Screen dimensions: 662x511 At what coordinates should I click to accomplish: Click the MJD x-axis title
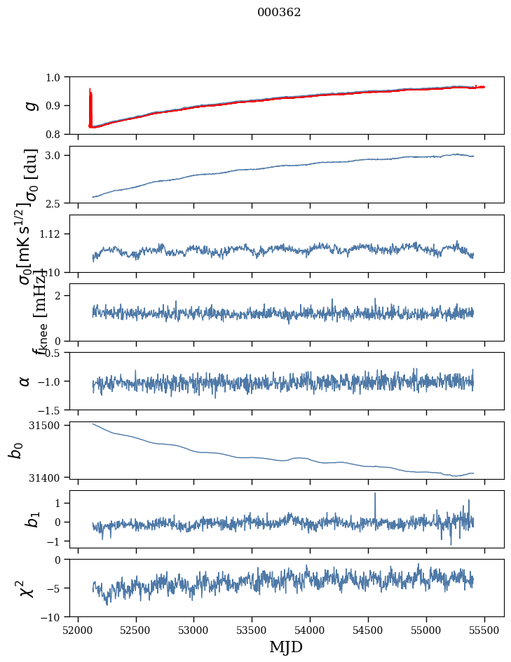286,647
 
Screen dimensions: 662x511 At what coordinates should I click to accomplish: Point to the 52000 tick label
78,630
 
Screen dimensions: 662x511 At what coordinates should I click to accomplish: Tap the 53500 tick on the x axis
252,630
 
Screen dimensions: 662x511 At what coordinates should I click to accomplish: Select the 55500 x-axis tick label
485,630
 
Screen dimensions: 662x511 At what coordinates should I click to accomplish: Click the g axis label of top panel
29,105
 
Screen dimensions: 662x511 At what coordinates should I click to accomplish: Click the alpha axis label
25,381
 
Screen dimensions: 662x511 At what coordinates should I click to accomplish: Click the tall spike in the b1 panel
375,494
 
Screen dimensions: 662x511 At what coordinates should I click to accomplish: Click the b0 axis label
15,450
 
